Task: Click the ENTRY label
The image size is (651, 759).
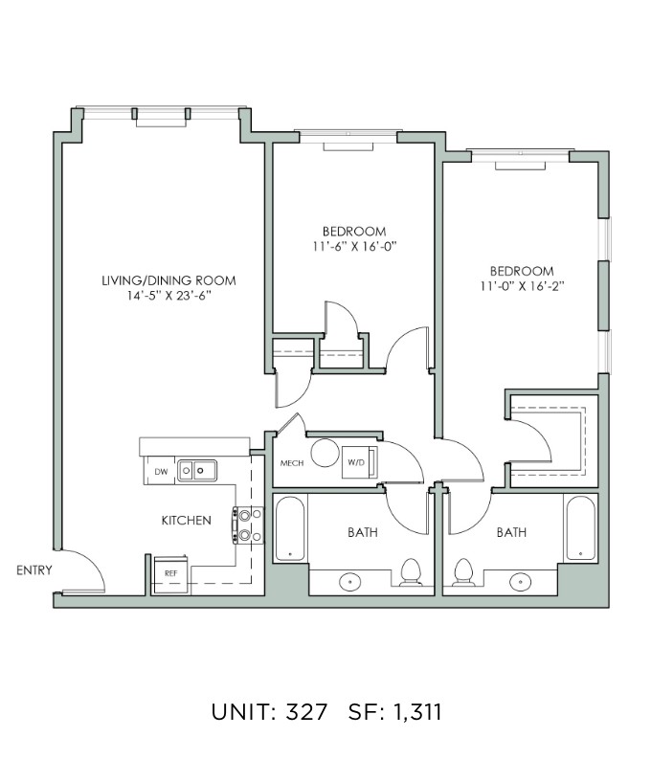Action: tap(34, 570)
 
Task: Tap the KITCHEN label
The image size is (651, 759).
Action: tap(187, 521)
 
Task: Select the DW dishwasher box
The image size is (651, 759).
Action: tap(161, 471)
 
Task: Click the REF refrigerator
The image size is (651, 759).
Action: tap(171, 574)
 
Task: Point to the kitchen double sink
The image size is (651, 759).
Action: tap(197, 471)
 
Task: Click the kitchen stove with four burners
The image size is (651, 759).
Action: tap(249, 525)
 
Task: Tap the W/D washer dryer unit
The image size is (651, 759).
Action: tap(359, 462)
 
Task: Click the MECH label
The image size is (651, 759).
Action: tap(292, 463)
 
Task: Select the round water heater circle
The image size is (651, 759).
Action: tap(325, 453)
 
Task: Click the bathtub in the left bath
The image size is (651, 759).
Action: tap(290, 528)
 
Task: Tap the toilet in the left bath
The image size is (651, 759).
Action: tap(411, 572)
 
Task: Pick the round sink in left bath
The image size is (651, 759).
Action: tap(350, 581)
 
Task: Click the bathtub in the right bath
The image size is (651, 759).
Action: tap(580, 528)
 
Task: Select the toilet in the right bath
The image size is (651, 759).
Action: tap(463, 572)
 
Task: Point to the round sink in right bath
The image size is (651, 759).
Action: tap(520, 581)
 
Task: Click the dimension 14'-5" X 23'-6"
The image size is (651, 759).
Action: tap(168, 296)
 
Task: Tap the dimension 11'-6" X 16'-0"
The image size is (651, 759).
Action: tap(354, 246)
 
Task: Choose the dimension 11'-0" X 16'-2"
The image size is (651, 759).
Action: tap(522, 286)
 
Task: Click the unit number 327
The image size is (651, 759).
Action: tap(307, 712)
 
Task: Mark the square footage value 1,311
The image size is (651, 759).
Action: tap(417, 712)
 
